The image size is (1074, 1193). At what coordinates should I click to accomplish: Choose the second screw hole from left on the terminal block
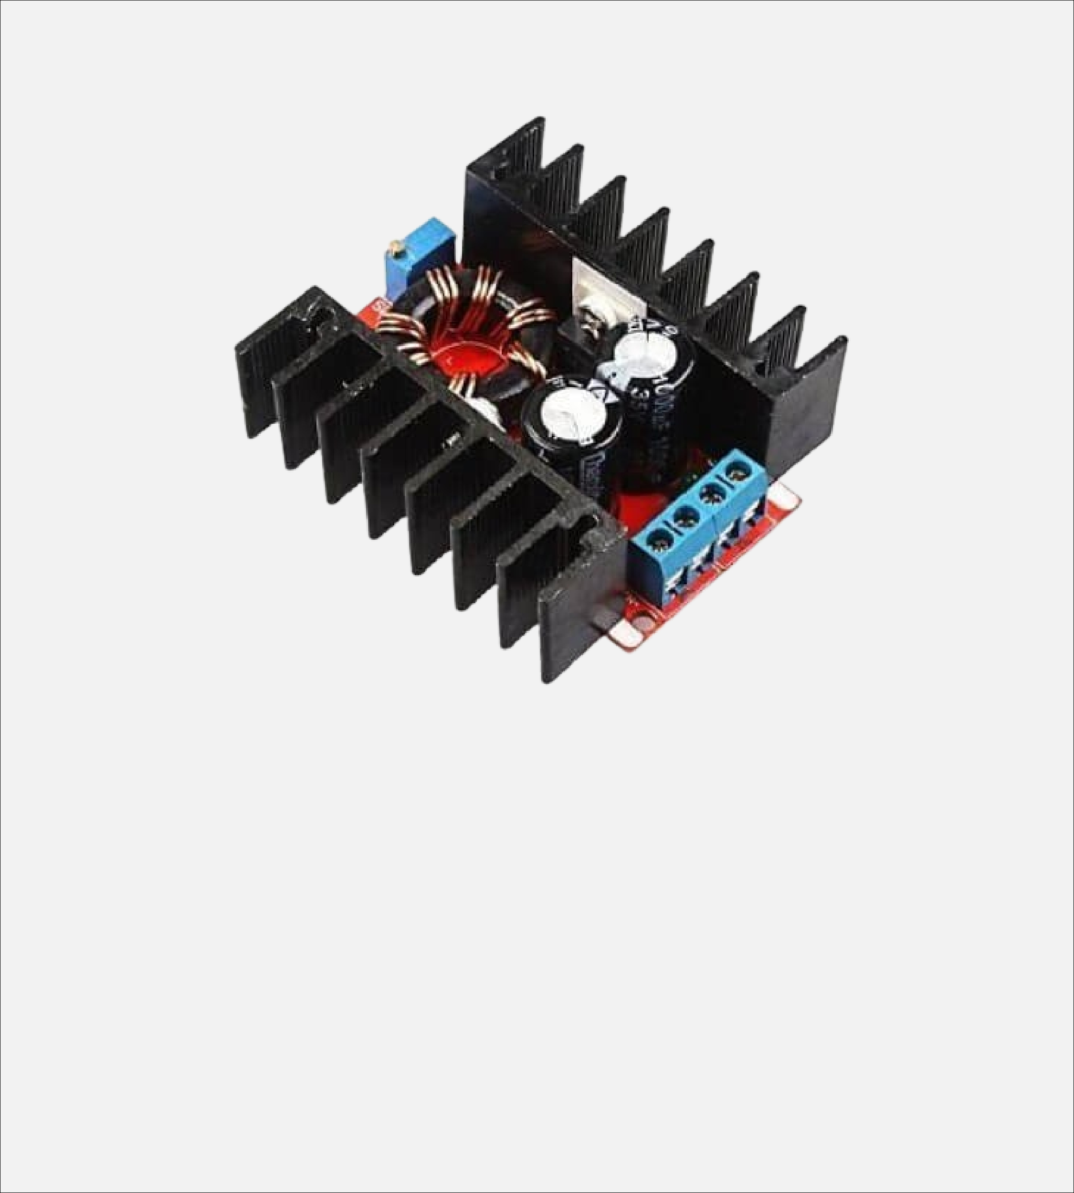coord(684,516)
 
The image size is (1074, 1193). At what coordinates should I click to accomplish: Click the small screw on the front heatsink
coord(453,440)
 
